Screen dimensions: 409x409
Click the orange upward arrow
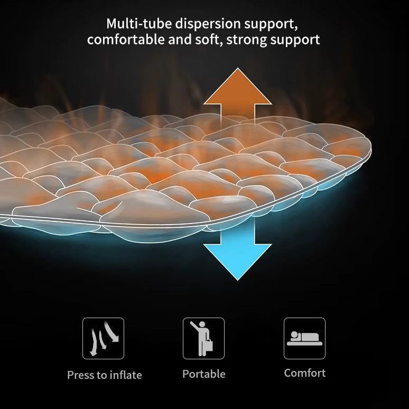pyautogui.click(x=238, y=99)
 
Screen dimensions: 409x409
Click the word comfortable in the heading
pyautogui.click(x=126, y=40)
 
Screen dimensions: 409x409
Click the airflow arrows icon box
pyautogui.click(x=103, y=338)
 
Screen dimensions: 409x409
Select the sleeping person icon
pyautogui.click(x=305, y=338)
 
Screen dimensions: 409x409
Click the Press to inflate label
pyautogui.click(x=105, y=375)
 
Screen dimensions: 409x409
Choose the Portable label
pyautogui.click(x=204, y=374)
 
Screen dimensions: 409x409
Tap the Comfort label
pyautogui.click(x=305, y=373)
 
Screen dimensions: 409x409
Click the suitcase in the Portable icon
pyautogui.click(x=209, y=345)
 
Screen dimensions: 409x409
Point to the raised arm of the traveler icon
pyautogui.click(x=194, y=326)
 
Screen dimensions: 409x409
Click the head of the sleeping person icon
pyautogui.click(x=294, y=334)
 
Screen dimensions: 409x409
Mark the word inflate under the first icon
pyautogui.click(x=126, y=375)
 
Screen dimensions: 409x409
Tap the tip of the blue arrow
pyautogui.click(x=238, y=281)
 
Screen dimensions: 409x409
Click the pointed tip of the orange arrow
pyautogui.click(x=238, y=68)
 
